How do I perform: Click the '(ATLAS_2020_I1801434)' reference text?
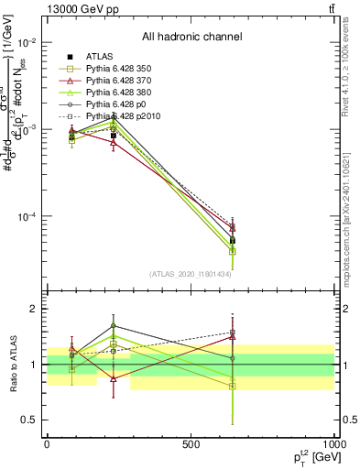tap(191, 274)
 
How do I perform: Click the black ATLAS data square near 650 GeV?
tap(233, 241)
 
